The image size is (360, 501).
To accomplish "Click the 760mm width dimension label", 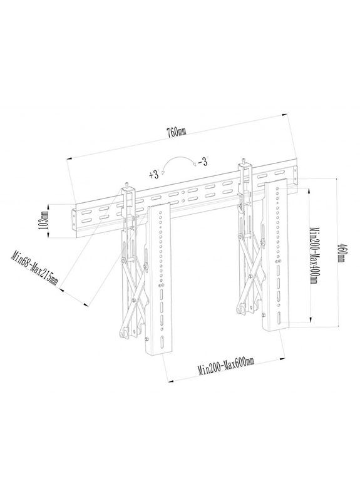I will coord(177,132).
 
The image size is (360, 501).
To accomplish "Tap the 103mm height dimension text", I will coord(44,220).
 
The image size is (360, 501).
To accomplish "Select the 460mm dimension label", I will coord(341,254).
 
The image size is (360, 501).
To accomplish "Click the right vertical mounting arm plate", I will coord(275,257).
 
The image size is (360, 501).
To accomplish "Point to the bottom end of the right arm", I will coord(275,329).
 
